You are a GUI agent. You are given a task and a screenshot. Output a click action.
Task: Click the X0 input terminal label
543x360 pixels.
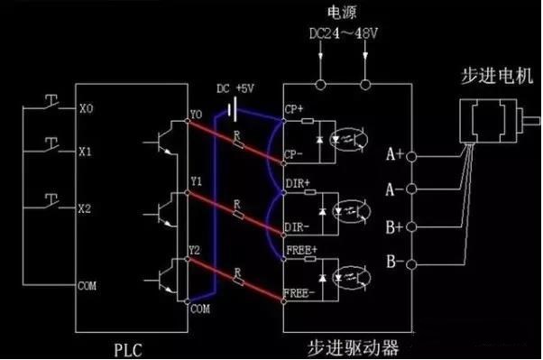(87, 106)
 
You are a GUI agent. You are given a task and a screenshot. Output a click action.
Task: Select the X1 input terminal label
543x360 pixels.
(87, 152)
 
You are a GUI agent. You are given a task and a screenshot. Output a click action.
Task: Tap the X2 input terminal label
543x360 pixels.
(87, 208)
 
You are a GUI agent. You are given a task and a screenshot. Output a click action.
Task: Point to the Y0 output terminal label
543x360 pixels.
(197, 115)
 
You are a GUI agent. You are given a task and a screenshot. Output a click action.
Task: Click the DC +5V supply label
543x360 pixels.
(235, 89)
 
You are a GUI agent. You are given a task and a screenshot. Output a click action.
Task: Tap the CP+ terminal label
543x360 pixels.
(294, 109)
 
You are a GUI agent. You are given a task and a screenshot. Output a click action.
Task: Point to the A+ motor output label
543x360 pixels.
(395, 154)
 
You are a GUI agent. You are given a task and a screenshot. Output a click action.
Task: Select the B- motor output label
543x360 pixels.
(395, 263)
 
